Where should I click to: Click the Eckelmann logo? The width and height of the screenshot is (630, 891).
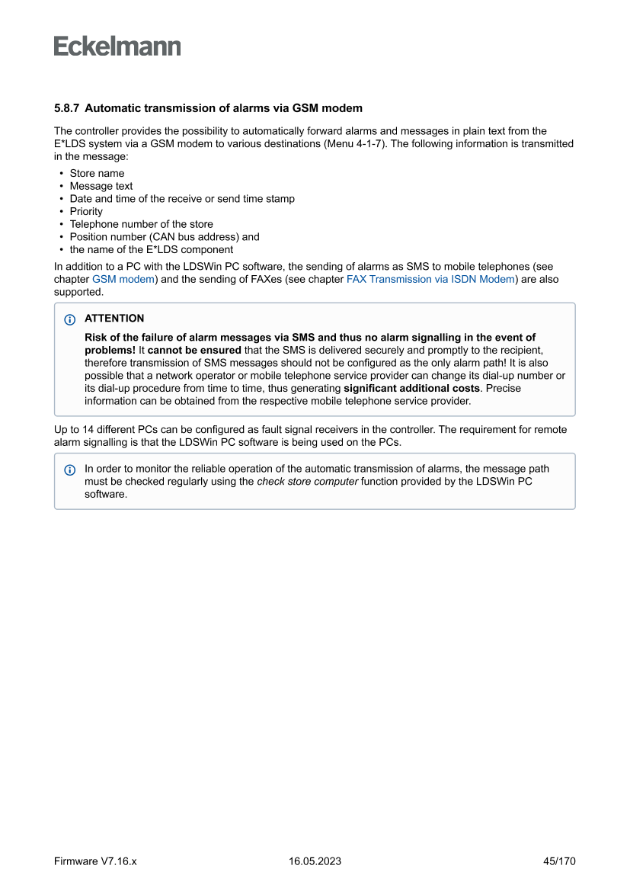(117, 46)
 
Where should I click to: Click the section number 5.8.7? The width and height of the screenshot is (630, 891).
(67, 108)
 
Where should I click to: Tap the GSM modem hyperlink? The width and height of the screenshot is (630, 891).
(123, 280)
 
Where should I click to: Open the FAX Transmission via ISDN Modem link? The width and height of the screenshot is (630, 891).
(430, 280)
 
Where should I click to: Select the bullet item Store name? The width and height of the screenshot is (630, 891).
(97, 173)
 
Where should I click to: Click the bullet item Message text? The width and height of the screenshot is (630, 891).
(101, 186)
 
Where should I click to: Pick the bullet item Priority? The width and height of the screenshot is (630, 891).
(86, 211)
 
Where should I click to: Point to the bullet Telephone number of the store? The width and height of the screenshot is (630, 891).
(141, 224)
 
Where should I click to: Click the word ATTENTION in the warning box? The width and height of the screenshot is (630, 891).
(114, 319)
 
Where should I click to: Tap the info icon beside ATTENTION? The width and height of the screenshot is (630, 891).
(71, 319)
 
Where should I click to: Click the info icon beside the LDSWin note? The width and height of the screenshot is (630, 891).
(71, 470)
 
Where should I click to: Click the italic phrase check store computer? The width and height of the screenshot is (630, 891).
(308, 482)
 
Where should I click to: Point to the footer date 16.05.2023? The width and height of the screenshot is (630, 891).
(315, 861)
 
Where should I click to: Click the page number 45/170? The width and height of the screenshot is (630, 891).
(558, 861)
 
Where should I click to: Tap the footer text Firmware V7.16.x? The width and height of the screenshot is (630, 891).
(95, 861)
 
